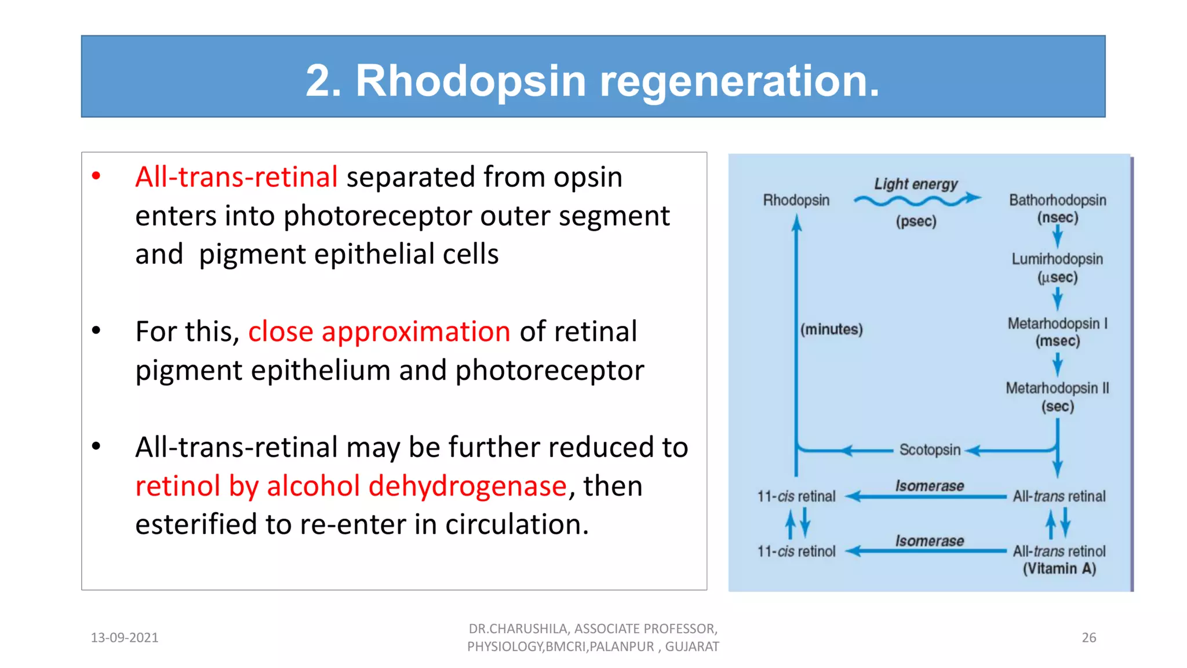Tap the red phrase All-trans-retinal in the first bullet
tap(236, 177)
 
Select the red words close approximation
tap(379, 332)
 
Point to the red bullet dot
tap(96, 176)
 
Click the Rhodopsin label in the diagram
tap(796, 200)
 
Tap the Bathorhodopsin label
tap(1057, 200)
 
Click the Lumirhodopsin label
tap(1057, 259)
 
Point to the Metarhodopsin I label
tap(1057, 324)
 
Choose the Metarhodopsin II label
tap(1057, 388)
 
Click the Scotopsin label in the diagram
tap(930, 450)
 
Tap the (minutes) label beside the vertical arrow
tap(831, 329)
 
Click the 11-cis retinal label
tap(796, 496)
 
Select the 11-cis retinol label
tap(796, 551)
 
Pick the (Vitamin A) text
tap(1059, 569)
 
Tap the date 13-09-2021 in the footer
tap(125, 638)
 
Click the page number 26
tap(1088, 638)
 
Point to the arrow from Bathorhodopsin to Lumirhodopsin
tap(1057, 236)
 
